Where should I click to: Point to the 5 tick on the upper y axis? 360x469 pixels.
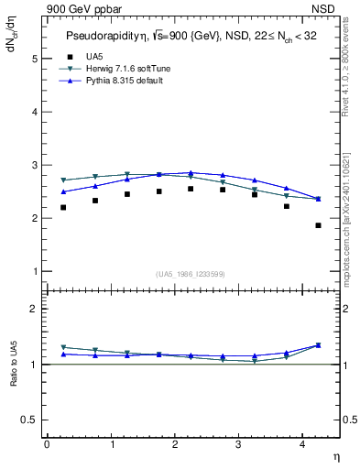36,59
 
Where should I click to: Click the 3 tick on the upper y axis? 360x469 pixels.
36,165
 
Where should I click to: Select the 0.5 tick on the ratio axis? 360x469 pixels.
31,420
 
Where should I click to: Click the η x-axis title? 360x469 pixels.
334,455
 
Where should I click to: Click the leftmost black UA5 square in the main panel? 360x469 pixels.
63,207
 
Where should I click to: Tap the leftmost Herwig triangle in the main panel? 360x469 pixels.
63,180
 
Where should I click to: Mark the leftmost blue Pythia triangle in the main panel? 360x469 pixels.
63,191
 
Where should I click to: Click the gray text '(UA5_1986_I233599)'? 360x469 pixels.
191,274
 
